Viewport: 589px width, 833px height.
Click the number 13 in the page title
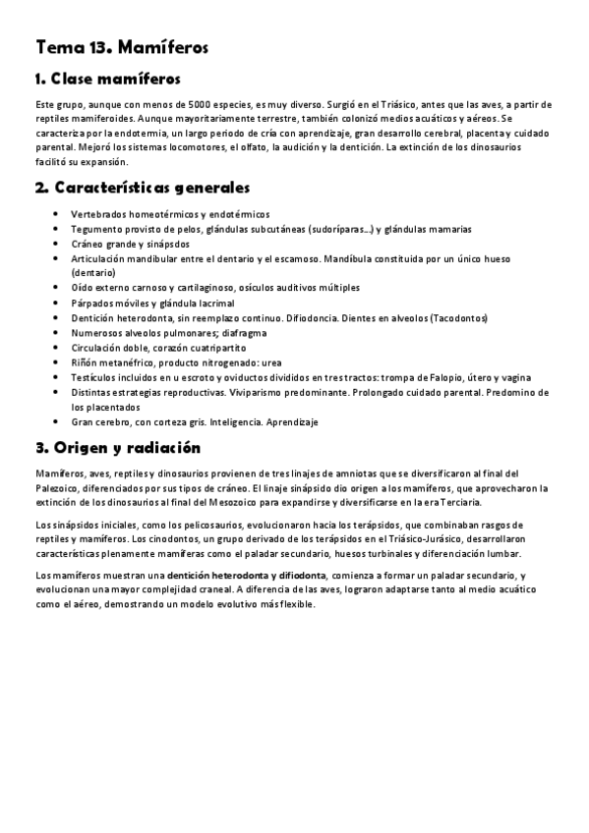tap(93, 47)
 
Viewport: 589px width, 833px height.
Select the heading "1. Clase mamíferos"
tap(107, 79)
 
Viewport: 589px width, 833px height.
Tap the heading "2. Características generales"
tap(142, 188)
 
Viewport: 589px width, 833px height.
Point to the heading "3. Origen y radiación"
tap(117, 448)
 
